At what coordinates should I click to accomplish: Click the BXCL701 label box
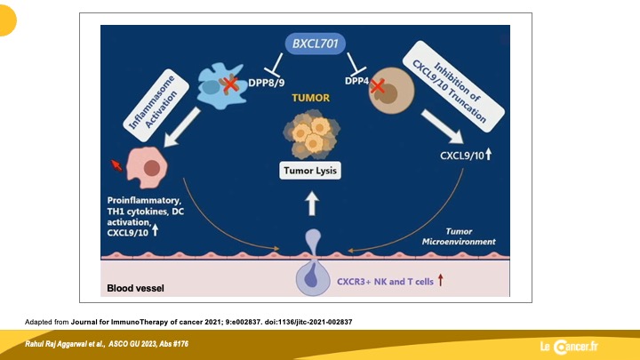[315, 44]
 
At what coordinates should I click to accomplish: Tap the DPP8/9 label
[267, 83]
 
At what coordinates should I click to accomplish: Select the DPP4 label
[356, 81]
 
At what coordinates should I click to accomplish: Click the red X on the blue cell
[230, 84]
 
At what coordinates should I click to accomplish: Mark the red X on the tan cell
[378, 86]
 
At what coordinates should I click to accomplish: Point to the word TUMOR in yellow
[310, 98]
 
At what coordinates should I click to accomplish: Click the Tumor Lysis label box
[310, 171]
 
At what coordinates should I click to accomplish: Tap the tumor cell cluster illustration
[311, 134]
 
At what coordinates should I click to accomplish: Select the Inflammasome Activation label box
[156, 105]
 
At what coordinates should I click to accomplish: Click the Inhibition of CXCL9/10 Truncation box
[453, 86]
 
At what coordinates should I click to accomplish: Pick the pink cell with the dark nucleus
[147, 167]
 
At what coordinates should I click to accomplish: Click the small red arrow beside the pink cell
[116, 165]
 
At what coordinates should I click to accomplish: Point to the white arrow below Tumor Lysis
[312, 204]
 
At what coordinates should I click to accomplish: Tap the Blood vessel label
[135, 288]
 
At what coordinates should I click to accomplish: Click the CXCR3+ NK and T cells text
[385, 282]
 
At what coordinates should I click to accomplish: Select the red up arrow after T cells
[440, 280]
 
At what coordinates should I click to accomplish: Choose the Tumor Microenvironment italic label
[459, 236]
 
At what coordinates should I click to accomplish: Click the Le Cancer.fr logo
[569, 347]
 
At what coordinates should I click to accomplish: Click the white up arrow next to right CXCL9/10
[489, 155]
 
